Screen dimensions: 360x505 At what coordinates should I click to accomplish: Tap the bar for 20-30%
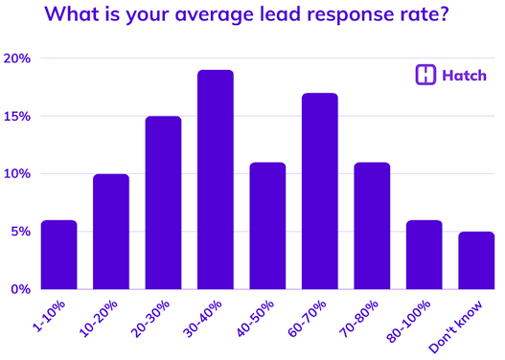[x=162, y=203]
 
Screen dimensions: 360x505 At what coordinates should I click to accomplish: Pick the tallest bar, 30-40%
[x=215, y=180]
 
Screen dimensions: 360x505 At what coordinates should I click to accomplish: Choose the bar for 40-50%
[x=267, y=226]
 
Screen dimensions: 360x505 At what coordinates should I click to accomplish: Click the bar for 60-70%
[x=319, y=191]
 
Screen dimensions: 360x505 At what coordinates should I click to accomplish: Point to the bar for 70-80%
[x=372, y=226]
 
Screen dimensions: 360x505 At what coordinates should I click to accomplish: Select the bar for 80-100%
[x=425, y=255]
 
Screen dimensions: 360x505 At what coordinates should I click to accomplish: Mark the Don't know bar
[x=476, y=260]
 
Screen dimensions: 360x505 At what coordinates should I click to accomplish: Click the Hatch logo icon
[x=425, y=76]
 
